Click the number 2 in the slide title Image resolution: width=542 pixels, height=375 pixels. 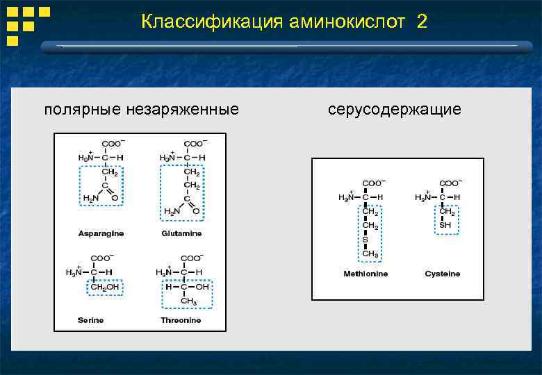(x=422, y=22)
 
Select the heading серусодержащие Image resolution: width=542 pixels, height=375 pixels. (x=394, y=110)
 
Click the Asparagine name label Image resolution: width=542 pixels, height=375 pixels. (x=101, y=233)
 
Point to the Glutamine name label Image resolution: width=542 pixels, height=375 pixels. (x=181, y=233)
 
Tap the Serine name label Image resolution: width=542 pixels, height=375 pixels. (x=90, y=320)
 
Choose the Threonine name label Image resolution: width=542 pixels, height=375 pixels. (x=181, y=320)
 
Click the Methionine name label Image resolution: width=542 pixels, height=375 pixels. (x=366, y=274)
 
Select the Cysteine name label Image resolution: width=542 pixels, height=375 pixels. (x=443, y=274)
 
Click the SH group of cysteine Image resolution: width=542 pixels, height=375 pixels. (x=445, y=226)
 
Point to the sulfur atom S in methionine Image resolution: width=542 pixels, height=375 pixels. (x=366, y=240)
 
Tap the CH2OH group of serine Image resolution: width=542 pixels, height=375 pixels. (x=106, y=287)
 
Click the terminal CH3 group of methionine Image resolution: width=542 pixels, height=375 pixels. (x=370, y=254)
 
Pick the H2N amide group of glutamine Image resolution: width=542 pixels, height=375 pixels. (x=171, y=210)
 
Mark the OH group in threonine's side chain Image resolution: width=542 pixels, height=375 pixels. (x=202, y=286)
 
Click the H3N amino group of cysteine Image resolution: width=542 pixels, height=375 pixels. (x=423, y=198)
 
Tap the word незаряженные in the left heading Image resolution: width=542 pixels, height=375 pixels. (x=183, y=110)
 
